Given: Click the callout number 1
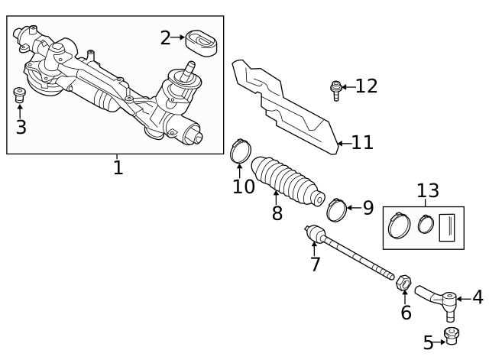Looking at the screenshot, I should coord(118,167).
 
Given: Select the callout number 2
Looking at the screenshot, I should coord(165,37).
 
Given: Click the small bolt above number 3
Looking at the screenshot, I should coord(21,96).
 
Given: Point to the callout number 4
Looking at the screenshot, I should coord(478,297).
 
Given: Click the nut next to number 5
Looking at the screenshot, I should coord(452,336).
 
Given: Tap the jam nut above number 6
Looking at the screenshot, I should coord(405,283).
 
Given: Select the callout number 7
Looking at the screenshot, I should coord(315,264).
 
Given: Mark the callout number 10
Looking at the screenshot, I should coord(243,186).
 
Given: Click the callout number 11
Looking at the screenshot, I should coord(362,142).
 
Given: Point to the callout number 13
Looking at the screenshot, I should coord(428,191).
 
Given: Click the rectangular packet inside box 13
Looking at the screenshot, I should coord(447,228).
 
